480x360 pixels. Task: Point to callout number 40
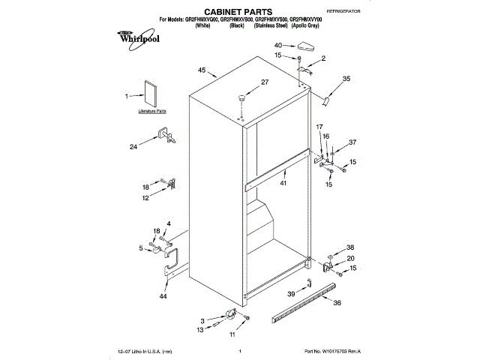(277, 46)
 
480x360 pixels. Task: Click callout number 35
(346, 78)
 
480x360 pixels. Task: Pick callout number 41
(283, 183)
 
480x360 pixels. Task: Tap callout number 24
(133, 147)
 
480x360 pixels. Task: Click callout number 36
(337, 303)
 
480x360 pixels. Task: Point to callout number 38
(349, 247)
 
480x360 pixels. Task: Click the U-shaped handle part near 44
(172, 262)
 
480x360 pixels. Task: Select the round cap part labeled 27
(242, 97)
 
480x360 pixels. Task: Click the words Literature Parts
(151, 111)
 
